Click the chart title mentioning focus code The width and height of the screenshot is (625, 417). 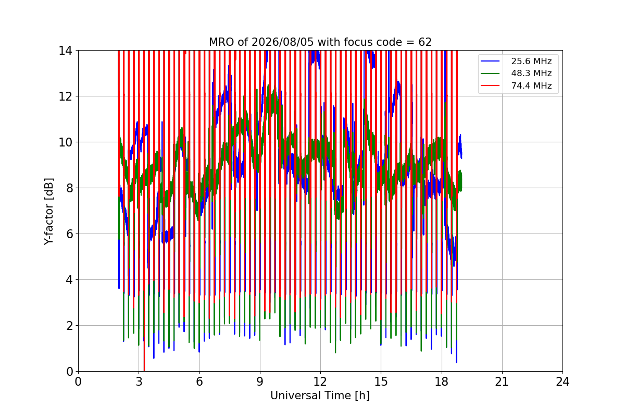click(x=320, y=42)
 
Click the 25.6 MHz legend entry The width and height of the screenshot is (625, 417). click(x=516, y=61)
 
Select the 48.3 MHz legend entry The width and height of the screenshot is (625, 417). click(x=516, y=73)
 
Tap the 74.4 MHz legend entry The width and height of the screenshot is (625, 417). click(x=516, y=85)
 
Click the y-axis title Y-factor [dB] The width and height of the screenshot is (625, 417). click(x=49, y=212)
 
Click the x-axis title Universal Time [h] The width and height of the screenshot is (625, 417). click(x=320, y=396)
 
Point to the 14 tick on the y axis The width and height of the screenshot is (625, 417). click(x=65, y=51)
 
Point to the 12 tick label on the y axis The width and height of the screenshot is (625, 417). click(x=65, y=96)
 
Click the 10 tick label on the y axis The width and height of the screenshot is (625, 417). click(x=65, y=142)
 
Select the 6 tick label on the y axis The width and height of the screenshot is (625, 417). click(x=69, y=234)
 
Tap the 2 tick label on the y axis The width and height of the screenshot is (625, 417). click(x=69, y=326)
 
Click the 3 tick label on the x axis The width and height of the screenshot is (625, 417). click(x=139, y=382)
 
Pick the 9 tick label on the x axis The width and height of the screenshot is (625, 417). click(x=260, y=382)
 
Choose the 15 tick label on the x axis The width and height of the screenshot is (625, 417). click(x=381, y=382)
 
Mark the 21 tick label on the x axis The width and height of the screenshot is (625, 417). click(x=502, y=382)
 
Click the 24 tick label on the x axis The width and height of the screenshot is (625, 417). click(x=562, y=382)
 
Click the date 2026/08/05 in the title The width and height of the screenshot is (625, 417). click(x=283, y=42)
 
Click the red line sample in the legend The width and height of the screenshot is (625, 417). click(x=490, y=85)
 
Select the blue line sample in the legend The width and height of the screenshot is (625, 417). click(x=490, y=61)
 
